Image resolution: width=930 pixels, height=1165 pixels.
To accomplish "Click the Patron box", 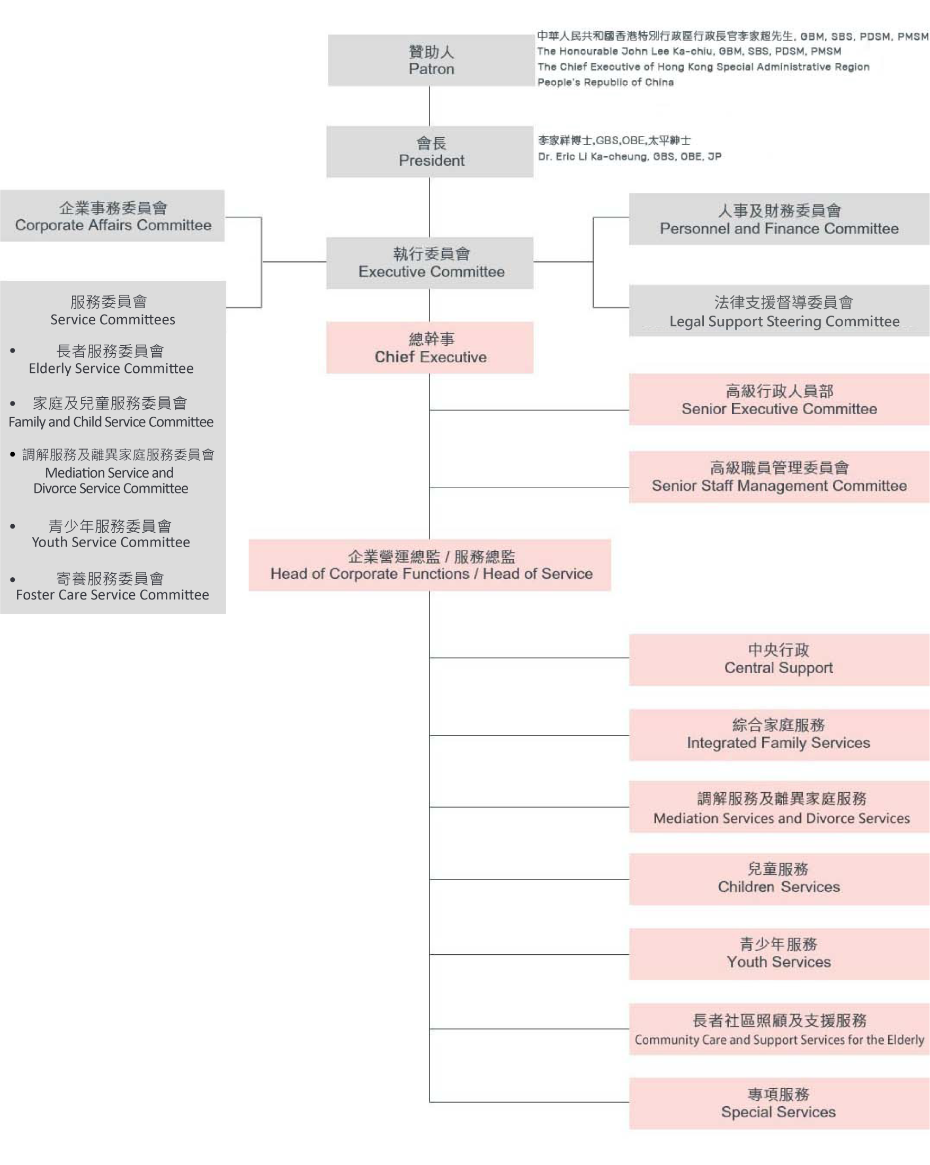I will (x=431, y=60).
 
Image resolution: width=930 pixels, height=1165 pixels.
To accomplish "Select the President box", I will (x=430, y=152).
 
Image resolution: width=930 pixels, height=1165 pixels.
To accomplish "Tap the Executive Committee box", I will (x=430, y=263).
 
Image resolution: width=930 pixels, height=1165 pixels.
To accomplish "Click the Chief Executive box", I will (x=430, y=348).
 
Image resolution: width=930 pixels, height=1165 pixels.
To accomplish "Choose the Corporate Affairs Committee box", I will (x=112, y=216).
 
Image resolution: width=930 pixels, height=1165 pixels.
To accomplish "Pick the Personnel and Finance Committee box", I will (x=779, y=219).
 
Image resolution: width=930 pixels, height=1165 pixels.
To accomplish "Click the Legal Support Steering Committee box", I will (x=779, y=311).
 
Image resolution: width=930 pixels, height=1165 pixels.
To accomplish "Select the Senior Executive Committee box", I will (x=779, y=400).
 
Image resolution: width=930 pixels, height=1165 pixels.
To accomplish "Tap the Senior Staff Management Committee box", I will (x=779, y=477).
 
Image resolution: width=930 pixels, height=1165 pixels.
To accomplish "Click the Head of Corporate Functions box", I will (x=430, y=565).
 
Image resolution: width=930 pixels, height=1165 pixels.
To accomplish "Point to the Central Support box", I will (x=779, y=660).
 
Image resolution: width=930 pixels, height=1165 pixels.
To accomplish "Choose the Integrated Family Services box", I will (x=779, y=735).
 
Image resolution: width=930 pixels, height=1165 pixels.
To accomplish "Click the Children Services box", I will (x=779, y=879).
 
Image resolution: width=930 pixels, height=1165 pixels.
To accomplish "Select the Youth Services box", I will (x=779, y=954).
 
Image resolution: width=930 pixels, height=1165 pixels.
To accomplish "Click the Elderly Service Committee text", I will (x=111, y=369).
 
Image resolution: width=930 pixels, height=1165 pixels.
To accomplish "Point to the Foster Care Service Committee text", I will (x=112, y=595).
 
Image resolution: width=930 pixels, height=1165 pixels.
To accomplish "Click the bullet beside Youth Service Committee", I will (x=12, y=526).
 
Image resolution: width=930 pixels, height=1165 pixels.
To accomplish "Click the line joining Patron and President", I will (x=430, y=106).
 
